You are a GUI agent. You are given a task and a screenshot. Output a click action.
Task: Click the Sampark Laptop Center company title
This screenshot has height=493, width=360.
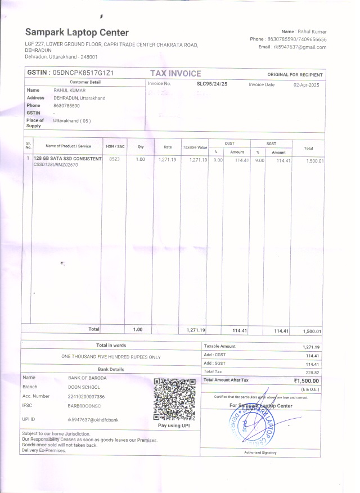76,33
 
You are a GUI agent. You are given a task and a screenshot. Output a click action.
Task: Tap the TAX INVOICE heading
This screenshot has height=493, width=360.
175,74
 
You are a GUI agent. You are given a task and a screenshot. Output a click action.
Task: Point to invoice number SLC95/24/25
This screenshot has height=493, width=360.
211,84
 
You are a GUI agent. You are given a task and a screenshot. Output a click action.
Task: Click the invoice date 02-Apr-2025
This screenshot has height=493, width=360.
306,84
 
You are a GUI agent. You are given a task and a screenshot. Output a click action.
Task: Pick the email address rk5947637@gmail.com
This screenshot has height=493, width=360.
300,47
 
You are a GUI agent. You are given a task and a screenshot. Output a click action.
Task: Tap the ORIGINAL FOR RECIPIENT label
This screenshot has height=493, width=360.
295,75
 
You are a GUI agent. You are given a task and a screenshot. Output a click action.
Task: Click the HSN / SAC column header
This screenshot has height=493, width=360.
115,146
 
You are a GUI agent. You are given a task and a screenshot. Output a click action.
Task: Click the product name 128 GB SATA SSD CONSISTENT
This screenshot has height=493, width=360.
67,159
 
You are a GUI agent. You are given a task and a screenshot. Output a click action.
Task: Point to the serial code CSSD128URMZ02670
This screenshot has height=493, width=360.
56,165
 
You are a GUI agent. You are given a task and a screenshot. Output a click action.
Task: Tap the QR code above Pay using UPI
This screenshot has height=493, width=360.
174,400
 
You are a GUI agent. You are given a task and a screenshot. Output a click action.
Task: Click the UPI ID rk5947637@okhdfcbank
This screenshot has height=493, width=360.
93,420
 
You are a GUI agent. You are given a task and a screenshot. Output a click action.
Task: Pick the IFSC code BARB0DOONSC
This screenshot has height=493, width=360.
84,405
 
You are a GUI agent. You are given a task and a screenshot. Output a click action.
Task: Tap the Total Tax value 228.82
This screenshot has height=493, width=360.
312,372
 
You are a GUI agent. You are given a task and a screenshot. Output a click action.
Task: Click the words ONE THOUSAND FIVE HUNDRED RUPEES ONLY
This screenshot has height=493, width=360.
111,357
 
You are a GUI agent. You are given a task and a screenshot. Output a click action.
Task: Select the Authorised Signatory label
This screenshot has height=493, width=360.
260,452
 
